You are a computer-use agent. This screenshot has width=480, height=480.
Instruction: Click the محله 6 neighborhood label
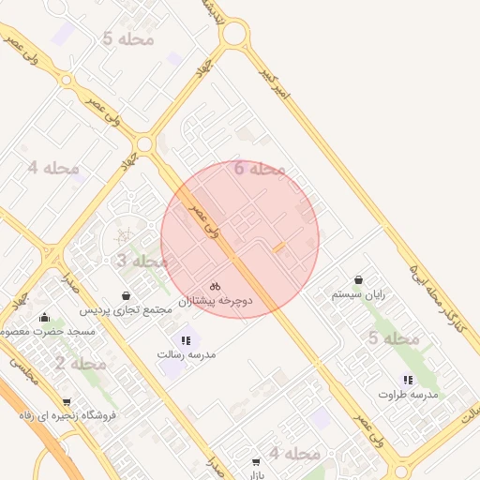coord(259,169)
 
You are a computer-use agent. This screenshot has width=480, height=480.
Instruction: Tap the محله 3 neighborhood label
coord(141,261)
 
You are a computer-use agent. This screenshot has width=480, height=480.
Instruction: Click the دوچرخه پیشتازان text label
coord(217,301)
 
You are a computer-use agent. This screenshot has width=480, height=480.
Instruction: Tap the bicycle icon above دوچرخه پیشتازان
coord(216,286)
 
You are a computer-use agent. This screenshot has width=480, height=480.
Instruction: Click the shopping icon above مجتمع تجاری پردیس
coord(126,295)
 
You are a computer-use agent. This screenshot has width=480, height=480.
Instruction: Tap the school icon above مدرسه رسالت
coord(185,340)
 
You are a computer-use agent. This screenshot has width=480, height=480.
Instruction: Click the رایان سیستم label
coord(359,294)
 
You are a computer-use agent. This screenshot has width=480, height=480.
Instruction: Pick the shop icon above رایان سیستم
coord(359,280)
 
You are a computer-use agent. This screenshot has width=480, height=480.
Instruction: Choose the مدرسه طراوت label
coord(408,395)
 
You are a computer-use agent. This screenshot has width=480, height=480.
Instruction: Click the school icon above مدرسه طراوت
coord(408,380)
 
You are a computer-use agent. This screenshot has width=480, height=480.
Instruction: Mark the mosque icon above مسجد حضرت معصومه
coord(44,318)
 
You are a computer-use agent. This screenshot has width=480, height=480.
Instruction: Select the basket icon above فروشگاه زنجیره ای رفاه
coord(66,401)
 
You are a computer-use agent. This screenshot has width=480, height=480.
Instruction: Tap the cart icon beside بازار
coord(256,463)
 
